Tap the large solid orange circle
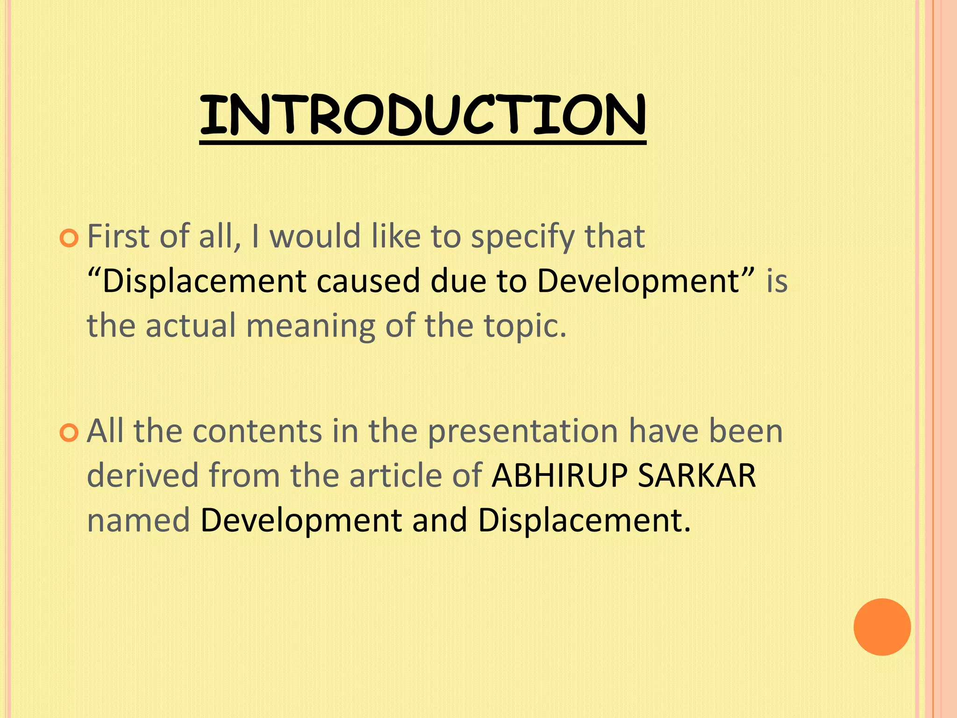[882, 627]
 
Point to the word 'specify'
[522, 237]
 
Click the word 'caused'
[368, 281]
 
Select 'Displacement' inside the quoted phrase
[204, 282]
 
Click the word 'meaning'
[310, 326]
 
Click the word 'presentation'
[523, 432]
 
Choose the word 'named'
[138, 520]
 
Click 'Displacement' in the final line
[583, 521]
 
